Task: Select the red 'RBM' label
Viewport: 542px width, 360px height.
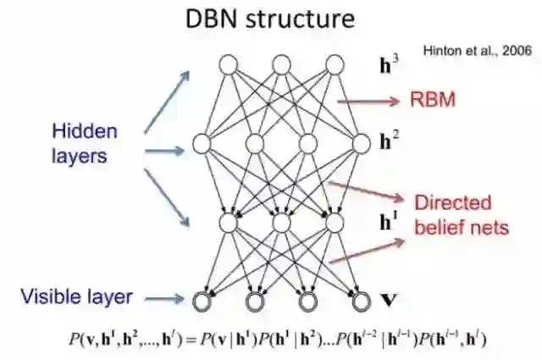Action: [434, 101]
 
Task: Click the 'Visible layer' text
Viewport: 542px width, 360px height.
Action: [77, 296]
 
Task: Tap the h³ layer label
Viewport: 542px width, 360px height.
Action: [390, 63]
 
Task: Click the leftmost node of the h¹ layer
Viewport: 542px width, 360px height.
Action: [227, 223]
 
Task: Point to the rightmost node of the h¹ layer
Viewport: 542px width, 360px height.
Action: [335, 223]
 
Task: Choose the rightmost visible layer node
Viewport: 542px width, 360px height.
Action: [362, 300]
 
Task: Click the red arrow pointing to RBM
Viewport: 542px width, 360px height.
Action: [369, 102]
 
